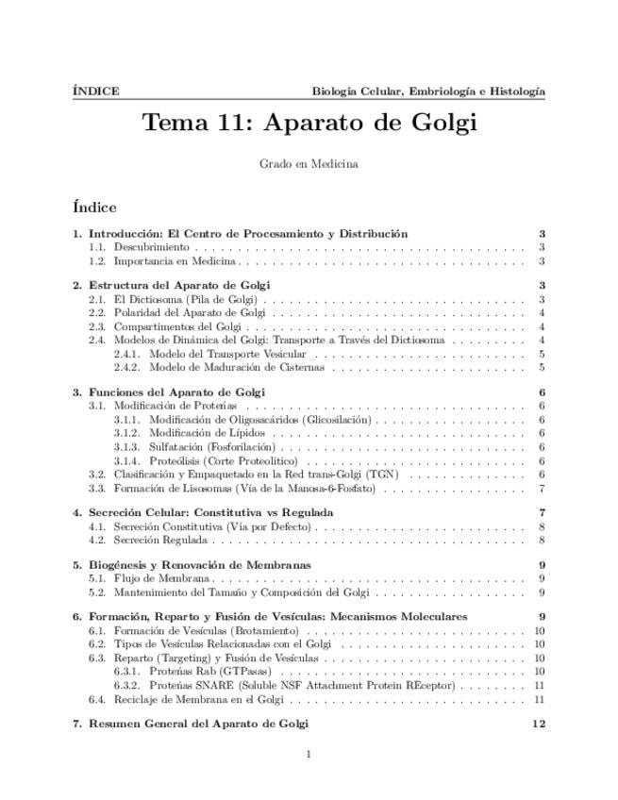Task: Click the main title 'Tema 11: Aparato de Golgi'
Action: click(309, 123)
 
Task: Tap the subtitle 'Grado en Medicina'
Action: click(309, 164)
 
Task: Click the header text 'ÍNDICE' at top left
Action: click(95, 92)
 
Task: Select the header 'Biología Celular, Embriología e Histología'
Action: click(428, 92)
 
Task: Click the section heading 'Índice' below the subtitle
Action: click(93, 207)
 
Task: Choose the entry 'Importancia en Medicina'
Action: click(175, 261)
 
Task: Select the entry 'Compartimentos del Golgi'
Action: click(176, 325)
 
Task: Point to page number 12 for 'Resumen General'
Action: click(539, 724)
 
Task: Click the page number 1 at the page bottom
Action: click(309, 754)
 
